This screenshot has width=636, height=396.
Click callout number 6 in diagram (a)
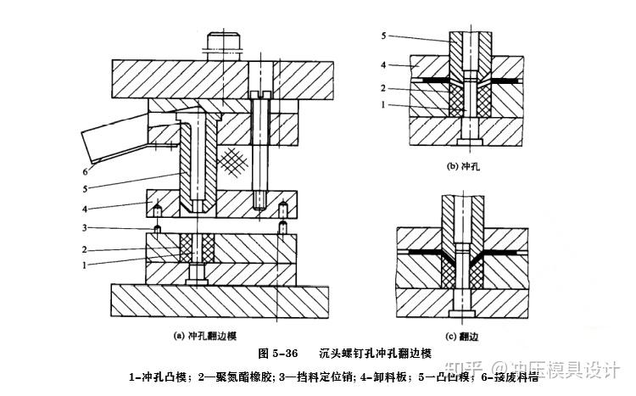pyautogui.click(x=86, y=169)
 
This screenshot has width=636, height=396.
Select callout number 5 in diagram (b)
pyautogui.click(x=384, y=36)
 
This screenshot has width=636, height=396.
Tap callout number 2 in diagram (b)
pyautogui.click(x=384, y=88)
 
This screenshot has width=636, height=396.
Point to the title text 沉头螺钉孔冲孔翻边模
pyautogui.click(x=377, y=353)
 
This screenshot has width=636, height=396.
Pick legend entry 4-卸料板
pyautogui.click(x=391, y=376)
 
